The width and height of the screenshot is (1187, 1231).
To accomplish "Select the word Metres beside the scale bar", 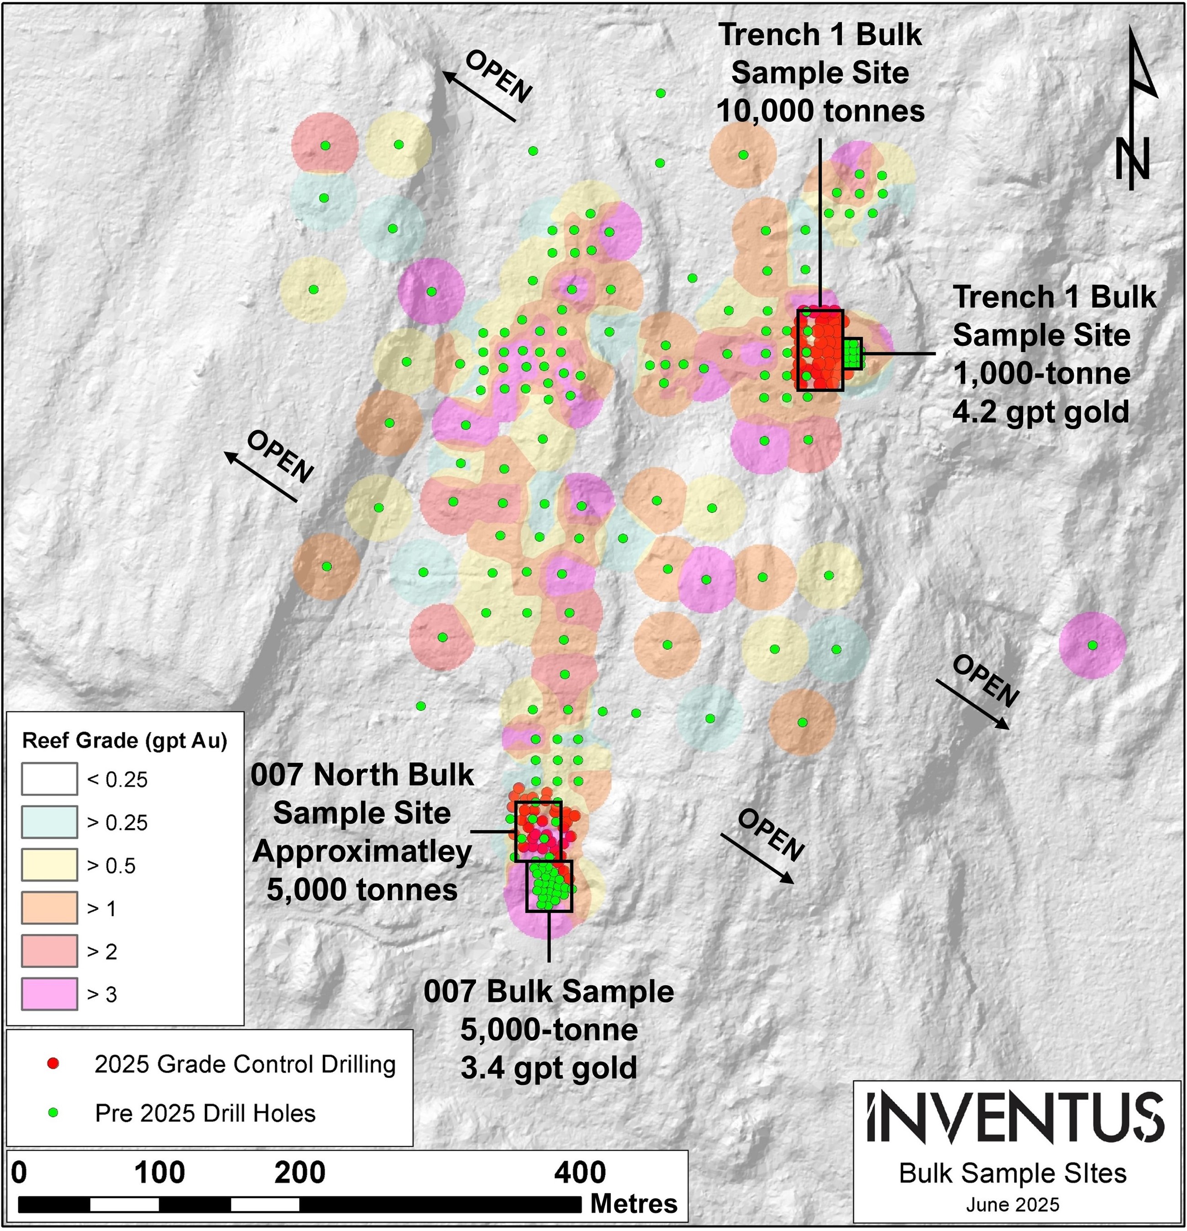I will [634, 1203].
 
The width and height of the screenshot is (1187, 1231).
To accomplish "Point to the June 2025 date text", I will [1013, 1204].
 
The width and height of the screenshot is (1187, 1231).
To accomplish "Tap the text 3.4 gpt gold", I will [548, 1068].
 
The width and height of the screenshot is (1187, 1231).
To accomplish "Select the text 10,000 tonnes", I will [820, 111].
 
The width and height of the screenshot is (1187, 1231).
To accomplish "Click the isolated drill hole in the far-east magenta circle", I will [1093, 645].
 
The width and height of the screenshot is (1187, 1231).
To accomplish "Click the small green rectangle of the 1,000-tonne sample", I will [853, 353].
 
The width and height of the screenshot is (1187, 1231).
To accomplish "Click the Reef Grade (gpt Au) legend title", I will [124, 741].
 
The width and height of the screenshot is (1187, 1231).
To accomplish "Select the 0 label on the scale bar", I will [20, 1173].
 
